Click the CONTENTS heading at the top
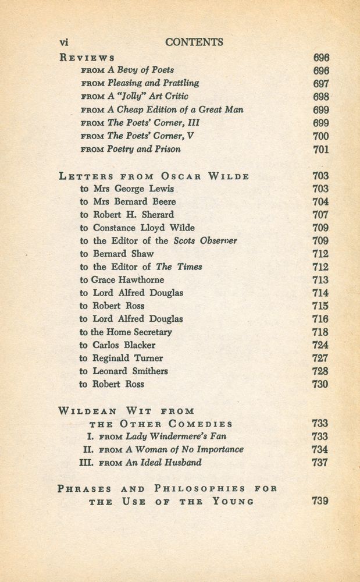pos(194,42)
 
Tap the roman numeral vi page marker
pos(65,42)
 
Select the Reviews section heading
pos(87,58)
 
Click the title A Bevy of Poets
pos(141,70)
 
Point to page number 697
pos(320,83)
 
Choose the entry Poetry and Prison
pos(144,149)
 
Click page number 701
pos(320,149)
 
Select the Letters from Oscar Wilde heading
pos(154,176)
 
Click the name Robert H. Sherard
pos(133,215)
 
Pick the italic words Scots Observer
pos(205,241)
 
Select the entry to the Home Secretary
pos(126,332)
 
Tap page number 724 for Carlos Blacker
pos(320,345)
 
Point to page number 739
pos(320,501)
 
